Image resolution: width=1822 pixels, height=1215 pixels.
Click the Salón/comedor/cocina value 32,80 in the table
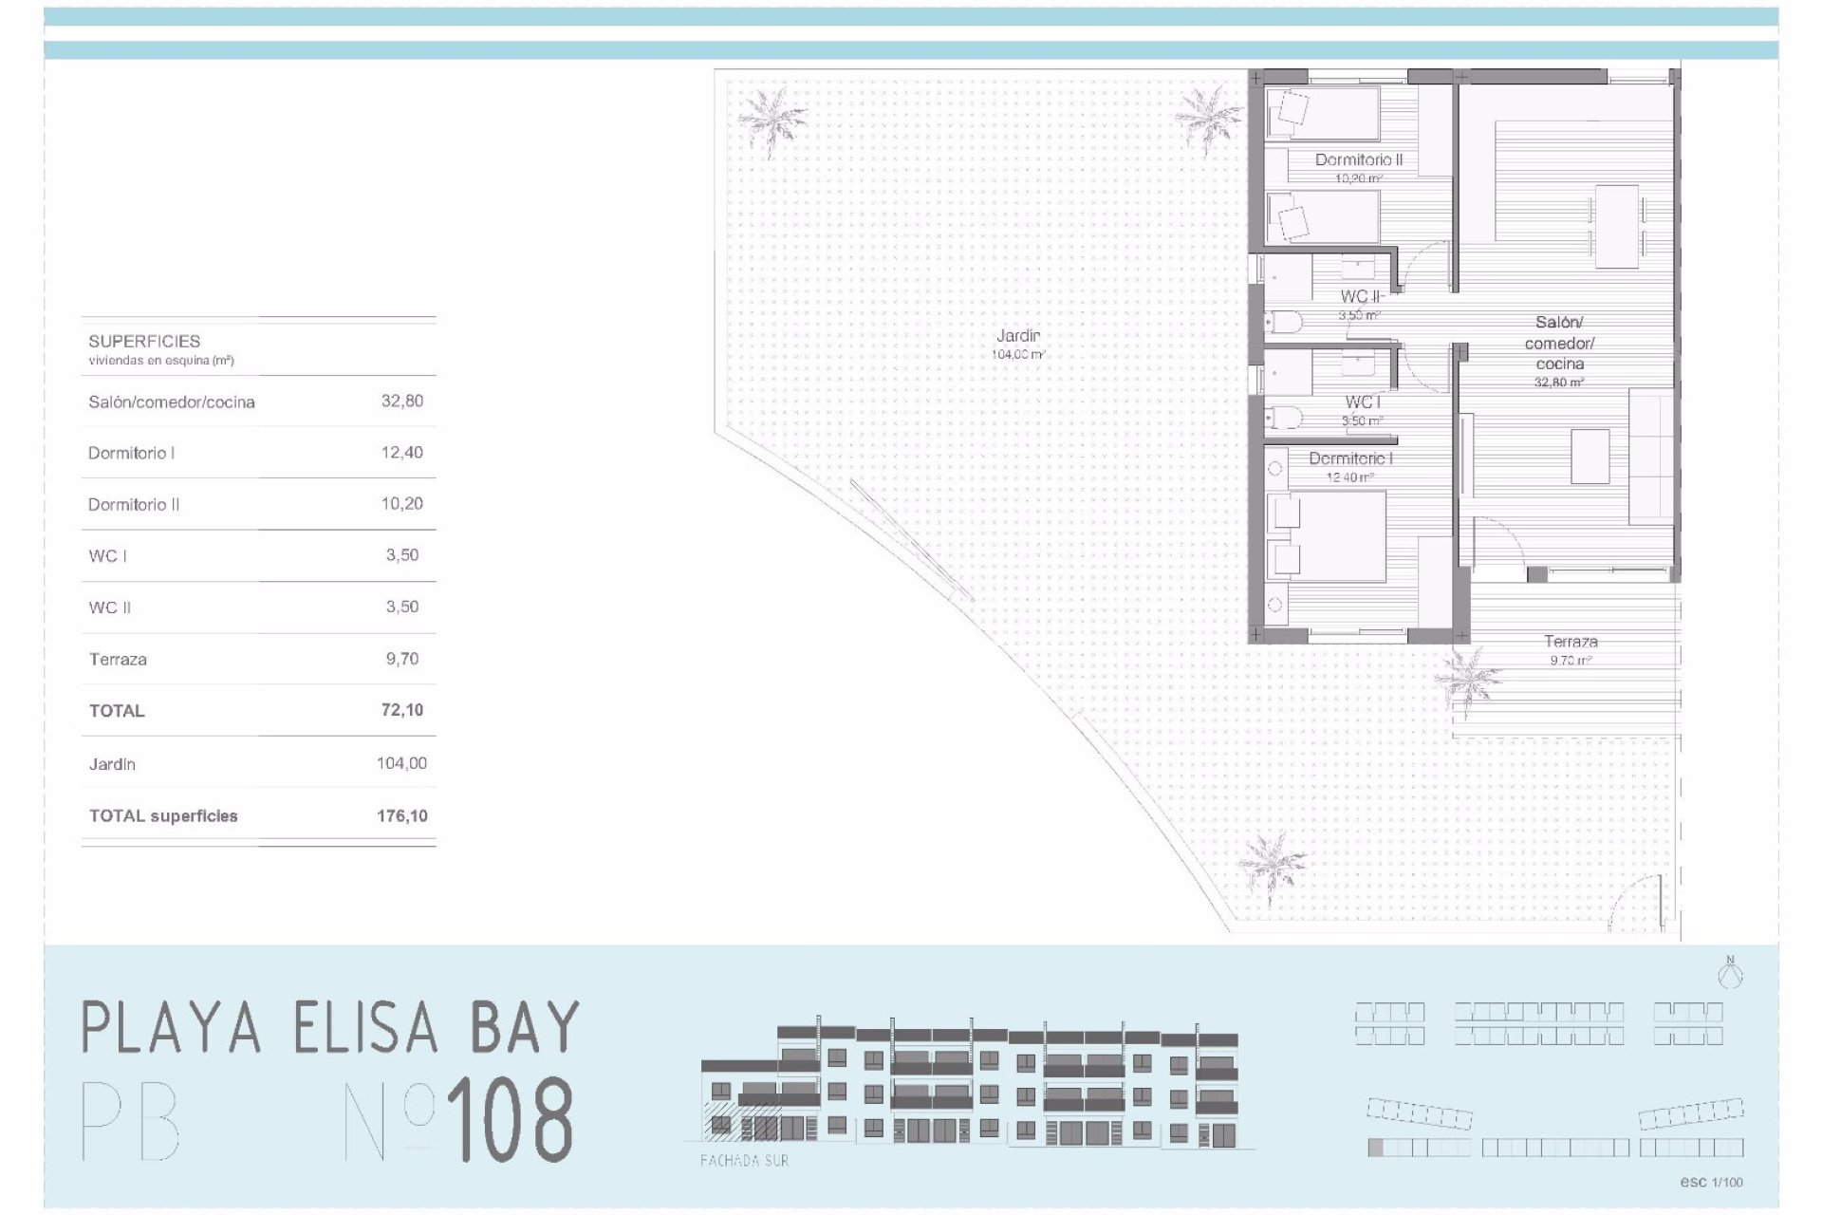[401, 401]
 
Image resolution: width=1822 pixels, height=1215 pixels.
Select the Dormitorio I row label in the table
[132, 453]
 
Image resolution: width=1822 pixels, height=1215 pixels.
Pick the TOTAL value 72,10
[401, 710]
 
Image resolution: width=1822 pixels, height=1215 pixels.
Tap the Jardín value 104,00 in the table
[401, 763]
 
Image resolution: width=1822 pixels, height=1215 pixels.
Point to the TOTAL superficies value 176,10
[401, 815]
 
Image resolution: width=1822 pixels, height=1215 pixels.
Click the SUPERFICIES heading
[144, 341]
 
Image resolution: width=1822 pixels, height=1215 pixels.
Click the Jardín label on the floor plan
[1017, 335]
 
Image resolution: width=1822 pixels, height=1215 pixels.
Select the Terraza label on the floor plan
[1571, 642]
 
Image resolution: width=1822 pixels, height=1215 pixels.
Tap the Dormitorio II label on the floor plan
[1358, 159]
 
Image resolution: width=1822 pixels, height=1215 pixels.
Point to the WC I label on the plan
[1362, 402]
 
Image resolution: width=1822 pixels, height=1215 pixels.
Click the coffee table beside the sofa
[1590, 457]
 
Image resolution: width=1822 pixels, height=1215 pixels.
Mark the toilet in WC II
[1283, 324]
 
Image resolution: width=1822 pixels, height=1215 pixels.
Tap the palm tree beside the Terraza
[1467, 680]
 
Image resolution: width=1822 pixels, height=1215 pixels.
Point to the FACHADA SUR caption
[744, 1160]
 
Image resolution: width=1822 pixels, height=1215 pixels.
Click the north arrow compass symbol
[1731, 973]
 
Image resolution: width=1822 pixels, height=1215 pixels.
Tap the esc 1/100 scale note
[1711, 1182]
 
